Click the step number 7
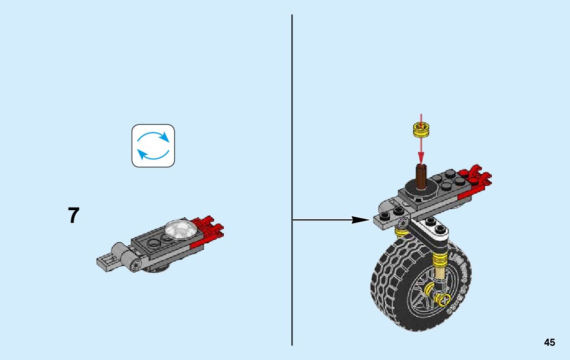tap(74, 215)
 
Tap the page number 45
tap(549, 342)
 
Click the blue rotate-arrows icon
tap(153, 146)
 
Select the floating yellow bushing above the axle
tap(420, 130)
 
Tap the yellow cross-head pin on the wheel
tap(445, 301)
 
